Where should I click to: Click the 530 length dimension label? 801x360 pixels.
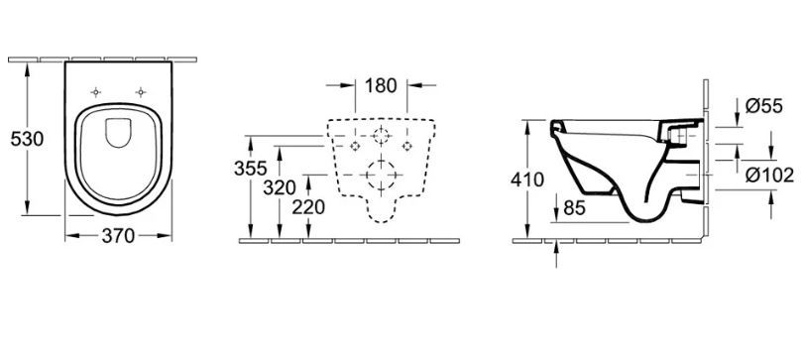point(27,139)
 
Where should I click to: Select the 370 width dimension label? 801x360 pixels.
point(118,236)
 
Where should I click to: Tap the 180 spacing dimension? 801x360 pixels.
point(381,85)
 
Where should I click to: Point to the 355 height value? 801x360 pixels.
point(250,168)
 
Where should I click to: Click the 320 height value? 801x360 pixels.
point(280,187)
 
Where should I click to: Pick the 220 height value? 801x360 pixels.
point(308,207)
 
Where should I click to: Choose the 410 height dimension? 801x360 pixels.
point(527,180)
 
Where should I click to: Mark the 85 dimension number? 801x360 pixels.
point(574,207)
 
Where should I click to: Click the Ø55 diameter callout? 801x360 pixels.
point(763,106)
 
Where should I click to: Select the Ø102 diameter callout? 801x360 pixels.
point(769,175)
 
